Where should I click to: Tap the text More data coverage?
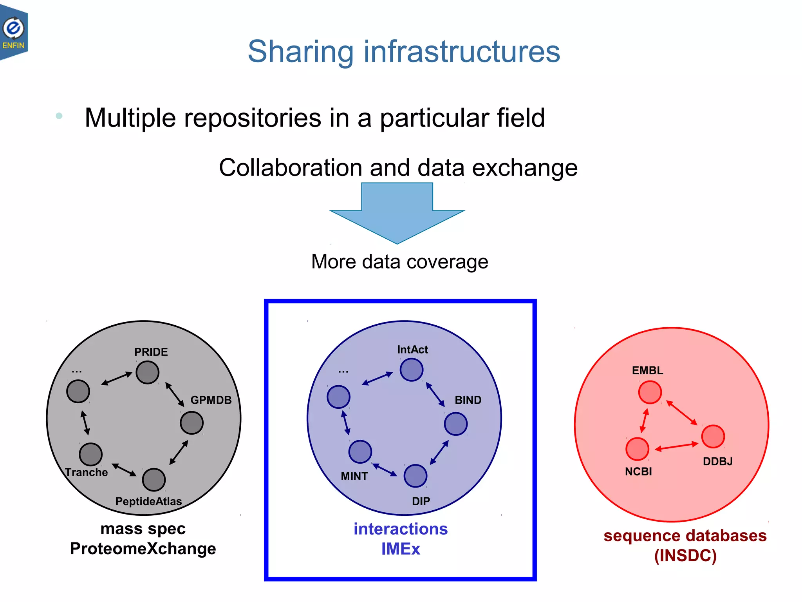(399, 261)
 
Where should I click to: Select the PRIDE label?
(151, 352)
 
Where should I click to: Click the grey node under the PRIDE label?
(148, 372)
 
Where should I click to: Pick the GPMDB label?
(211, 400)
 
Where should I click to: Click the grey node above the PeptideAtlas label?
(154, 480)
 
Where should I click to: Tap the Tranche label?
(87, 472)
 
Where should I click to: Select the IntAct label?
(412, 350)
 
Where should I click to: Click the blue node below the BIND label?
(456, 424)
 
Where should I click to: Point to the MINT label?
(354, 476)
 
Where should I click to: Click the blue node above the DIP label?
(415, 476)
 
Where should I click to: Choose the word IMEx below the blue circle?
(401, 549)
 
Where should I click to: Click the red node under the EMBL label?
(650, 392)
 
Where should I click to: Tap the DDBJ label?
(717, 461)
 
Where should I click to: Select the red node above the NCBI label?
(638, 449)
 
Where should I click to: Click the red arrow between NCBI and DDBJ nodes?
(676, 446)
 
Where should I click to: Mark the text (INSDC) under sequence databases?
(685, 556)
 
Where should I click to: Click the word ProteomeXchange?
(143, 548)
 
